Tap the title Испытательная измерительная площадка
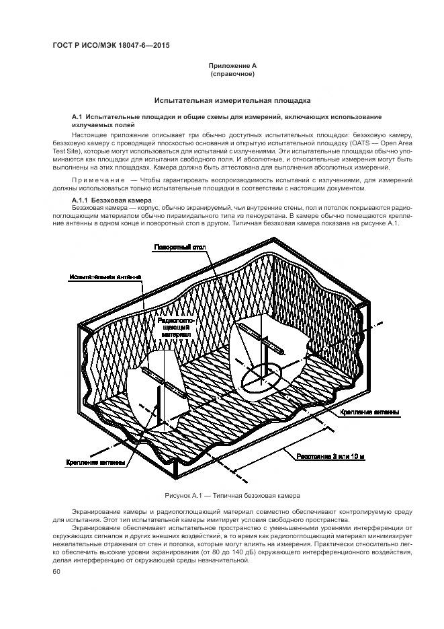(232, 100)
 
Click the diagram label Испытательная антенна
(105, 276)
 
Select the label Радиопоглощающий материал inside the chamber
(175, 327)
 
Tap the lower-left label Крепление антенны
(95, 463)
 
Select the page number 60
(56, 572)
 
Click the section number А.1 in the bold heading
(77, 117)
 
